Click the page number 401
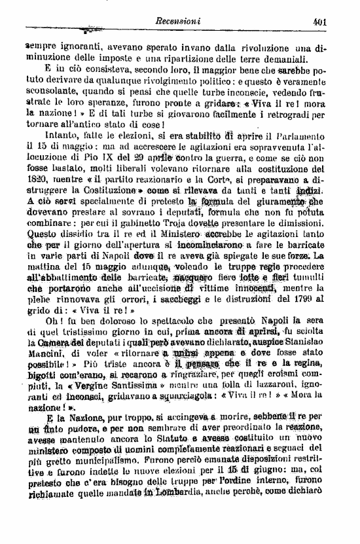(x=320, y=20)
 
